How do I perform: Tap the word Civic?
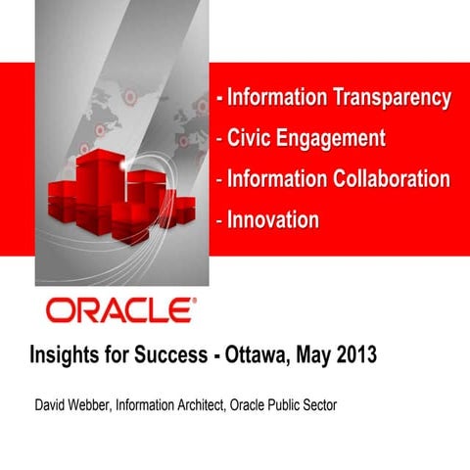click(x=252, y=139)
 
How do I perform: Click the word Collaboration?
click(x=390, y=180)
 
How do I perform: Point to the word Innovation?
click(x=273, y=220)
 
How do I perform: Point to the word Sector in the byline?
click(x=317, y=405)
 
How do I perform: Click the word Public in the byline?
click(x=279, y=405)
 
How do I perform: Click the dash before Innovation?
click(x=220, y=220)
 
